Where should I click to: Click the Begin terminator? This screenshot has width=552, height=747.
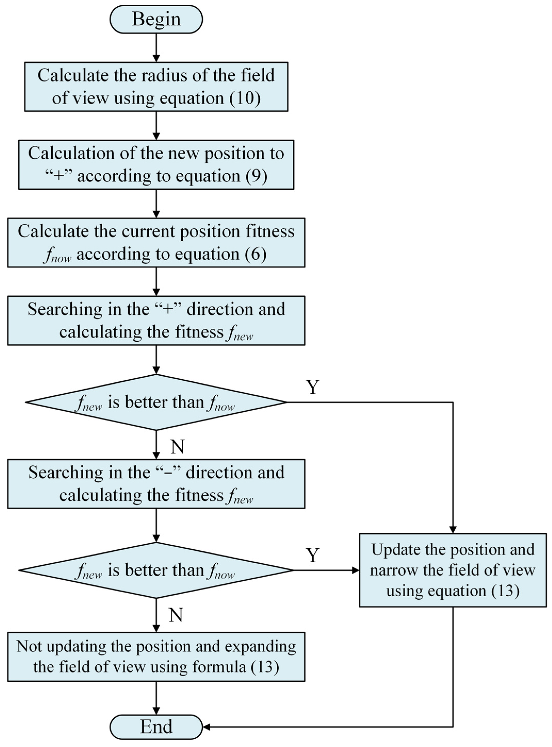point(156,19)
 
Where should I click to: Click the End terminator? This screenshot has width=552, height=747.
point(156,727)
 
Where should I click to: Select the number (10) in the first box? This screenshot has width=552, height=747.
point(245,98)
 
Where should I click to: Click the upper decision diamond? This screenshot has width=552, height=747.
point(156,402)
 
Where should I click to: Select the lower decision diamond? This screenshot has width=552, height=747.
point(156,570)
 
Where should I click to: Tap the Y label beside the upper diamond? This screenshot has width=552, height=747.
point(312,387)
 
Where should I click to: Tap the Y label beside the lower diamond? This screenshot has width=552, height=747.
point(312,555)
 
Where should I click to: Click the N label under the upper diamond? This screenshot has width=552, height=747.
point(177,447)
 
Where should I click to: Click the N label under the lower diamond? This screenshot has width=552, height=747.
point(176,615)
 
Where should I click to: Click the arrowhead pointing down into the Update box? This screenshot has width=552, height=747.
point(453,530)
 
